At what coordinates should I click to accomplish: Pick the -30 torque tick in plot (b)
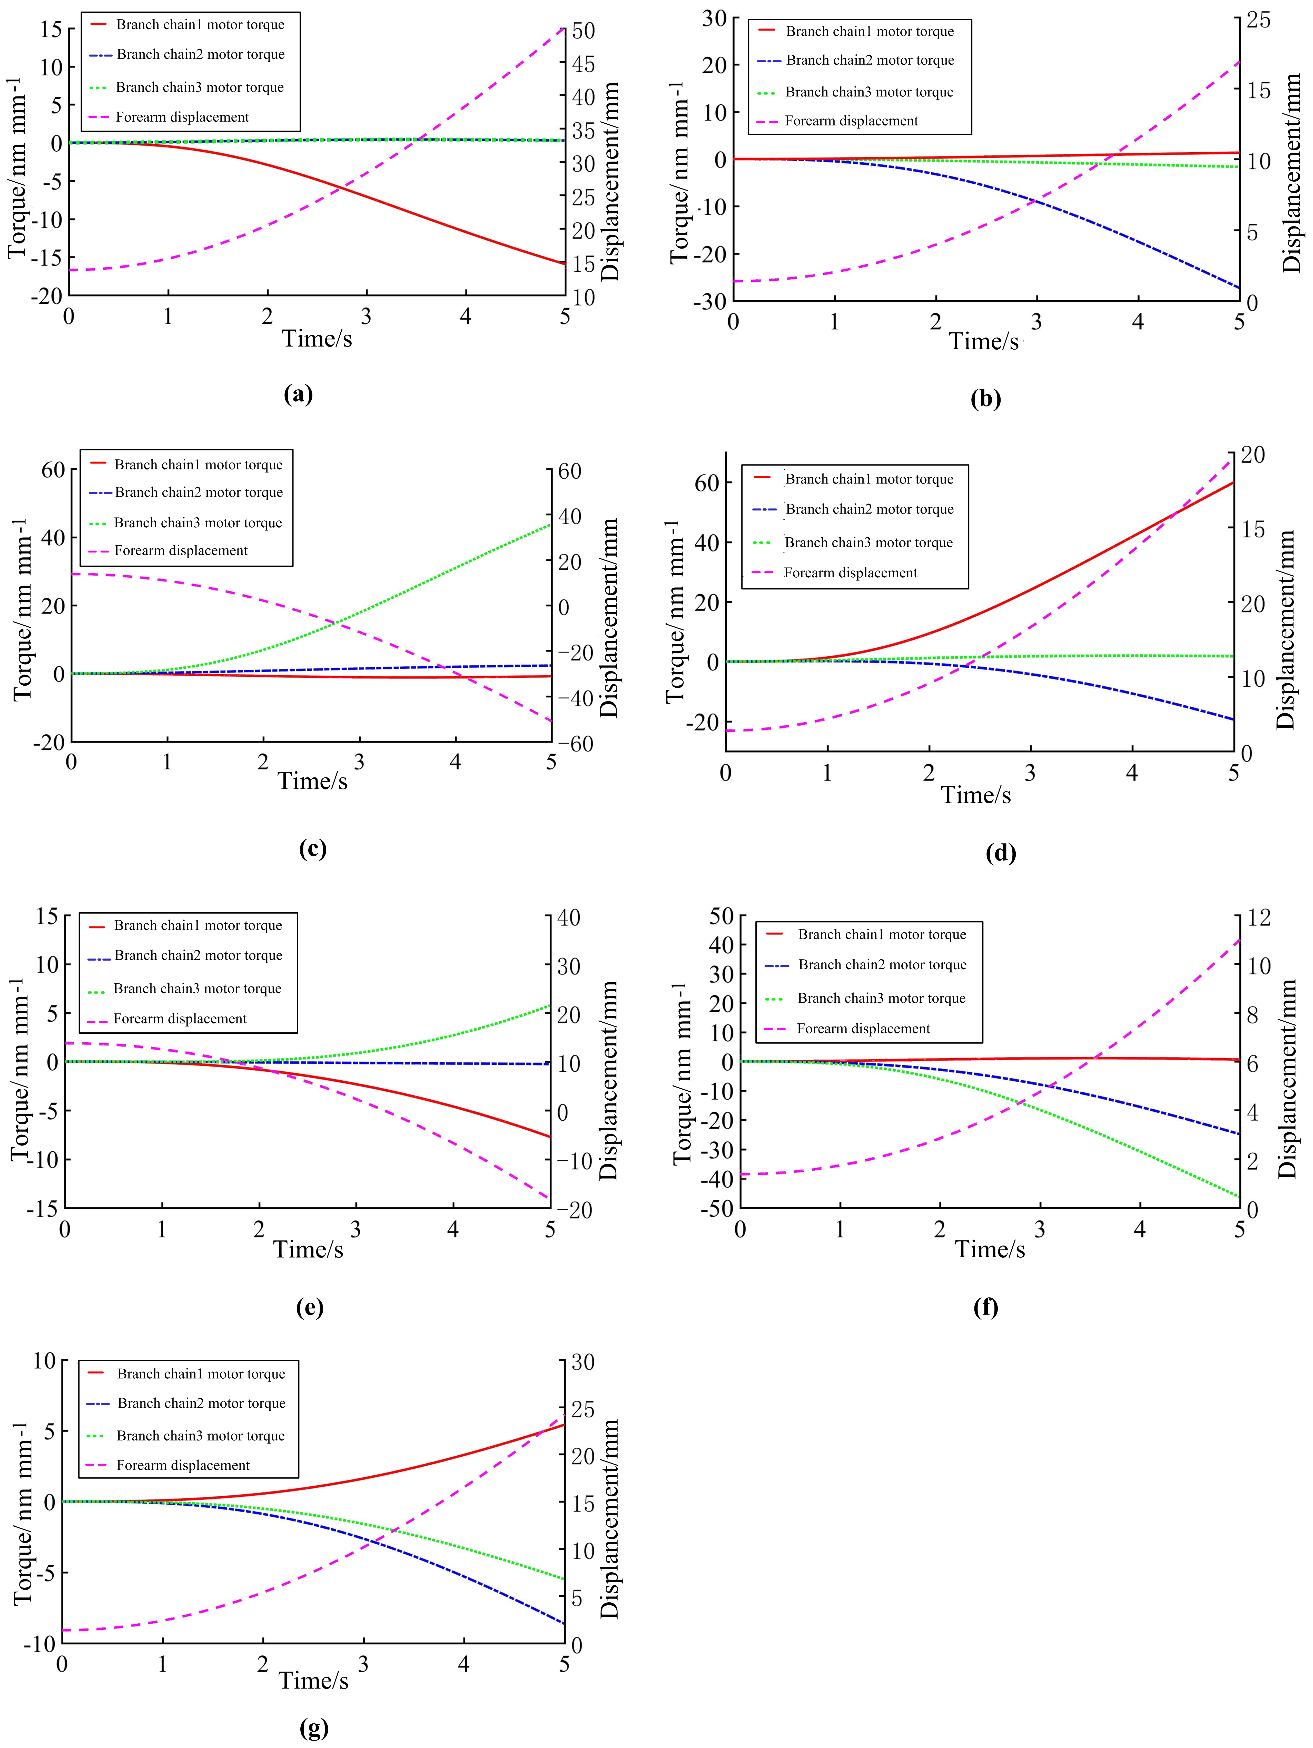(x=709, y=301)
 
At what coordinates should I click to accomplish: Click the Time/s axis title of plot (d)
(x=976, y=795)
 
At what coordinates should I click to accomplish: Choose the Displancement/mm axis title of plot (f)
(x=1288, y=1079)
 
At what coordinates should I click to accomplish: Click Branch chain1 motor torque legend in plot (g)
(x=201, y=1374)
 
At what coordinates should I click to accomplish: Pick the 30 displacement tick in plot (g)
(x=582, y=1361)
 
